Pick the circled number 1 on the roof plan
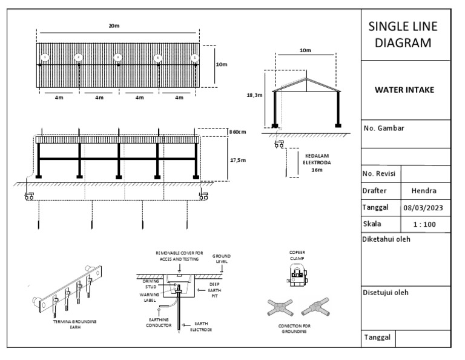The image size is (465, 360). (x=45, y=58)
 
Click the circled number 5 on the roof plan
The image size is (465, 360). (x=194, y=58)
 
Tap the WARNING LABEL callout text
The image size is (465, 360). (x=150, y=297)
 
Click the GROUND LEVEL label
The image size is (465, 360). (x=222, y=259)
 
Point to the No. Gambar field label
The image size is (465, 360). (x=384, y=128)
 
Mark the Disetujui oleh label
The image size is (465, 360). (x=386, y=292)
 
